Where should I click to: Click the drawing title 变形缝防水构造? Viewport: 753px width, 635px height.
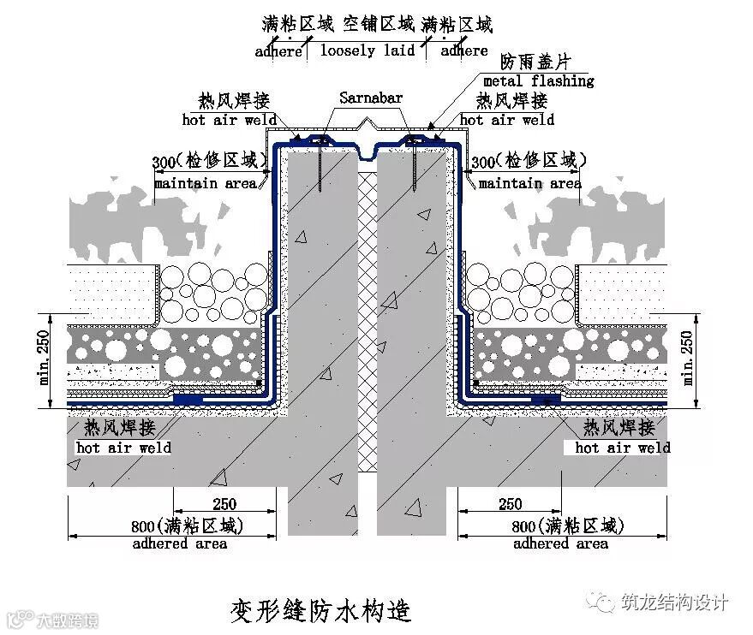320,610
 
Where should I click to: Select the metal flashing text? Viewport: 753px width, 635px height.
538,80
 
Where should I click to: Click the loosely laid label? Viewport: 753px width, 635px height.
368,50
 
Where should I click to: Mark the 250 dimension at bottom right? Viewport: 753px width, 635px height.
509,504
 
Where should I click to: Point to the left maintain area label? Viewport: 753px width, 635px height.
206,183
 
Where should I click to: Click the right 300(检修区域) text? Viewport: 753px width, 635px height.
529,160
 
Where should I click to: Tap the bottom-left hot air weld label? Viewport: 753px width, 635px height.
123,448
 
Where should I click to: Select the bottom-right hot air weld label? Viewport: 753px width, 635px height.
622,448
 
